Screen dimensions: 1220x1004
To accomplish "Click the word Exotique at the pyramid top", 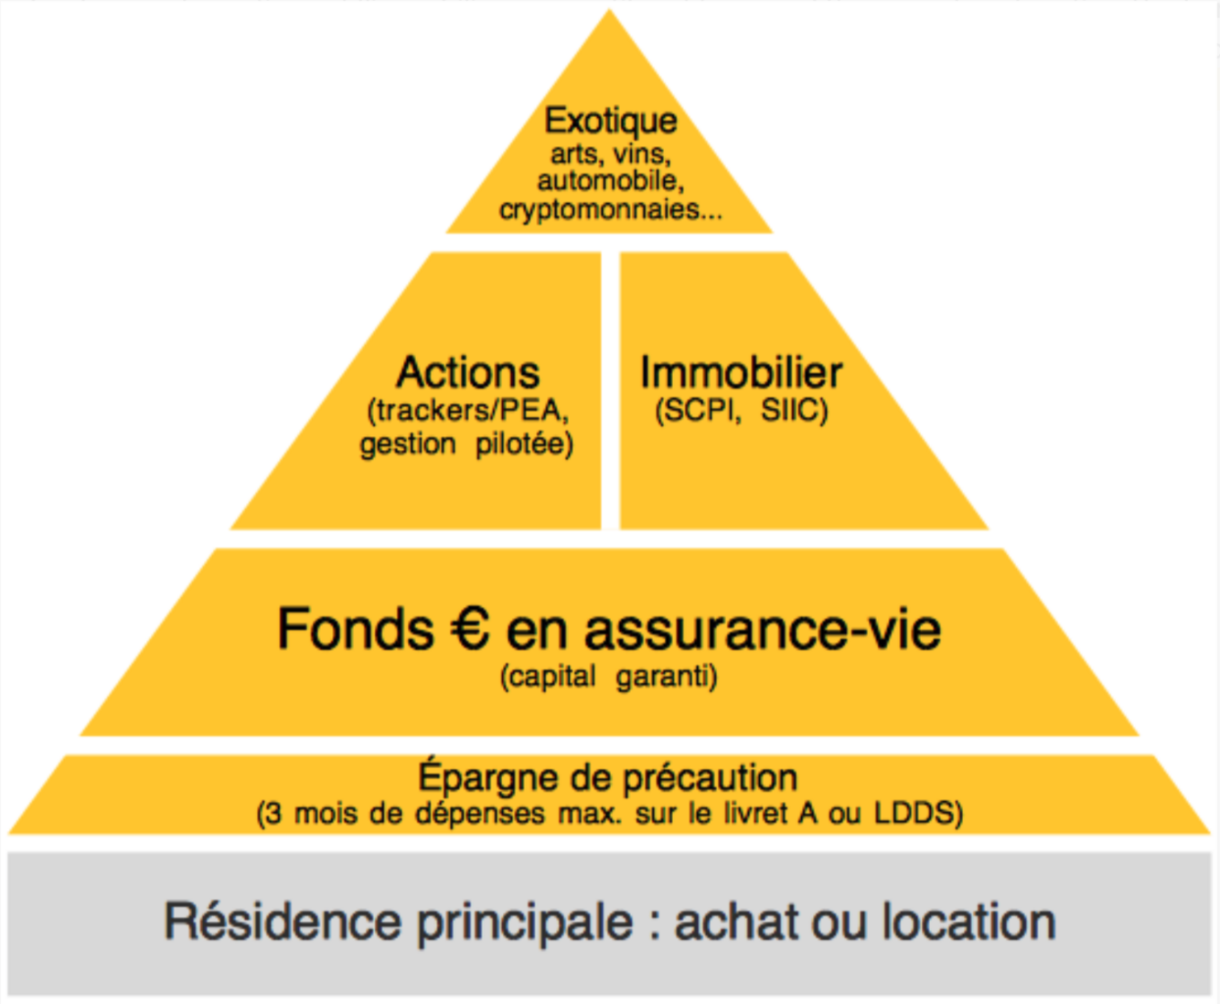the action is (x=611, y=121).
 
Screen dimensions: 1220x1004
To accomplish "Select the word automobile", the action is (x=609, y=181).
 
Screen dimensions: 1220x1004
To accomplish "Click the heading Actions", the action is (x=468, y=373).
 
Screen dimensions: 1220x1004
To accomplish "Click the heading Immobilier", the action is (x=741, y=373).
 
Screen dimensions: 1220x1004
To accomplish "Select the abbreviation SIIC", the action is (x=792, y=411).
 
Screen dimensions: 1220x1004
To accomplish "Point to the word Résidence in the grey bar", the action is (x=283, y=922).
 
